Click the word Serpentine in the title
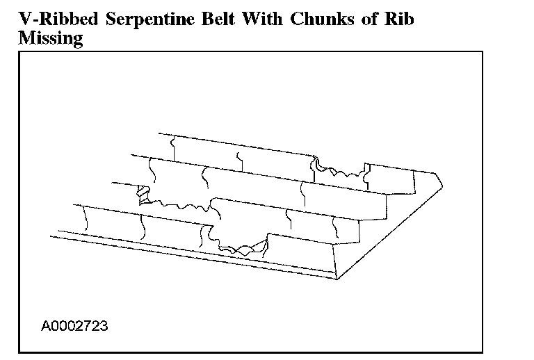pyautogui.click(x=136, y=19)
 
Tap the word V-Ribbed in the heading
pyautogui.click(x=48, y=19)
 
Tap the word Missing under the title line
pyautogui.click(x=49, y=39)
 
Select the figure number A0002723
pyautogui.click(x=74, y=325)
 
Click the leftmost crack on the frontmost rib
pyautogui.click(x=85, y=220)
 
